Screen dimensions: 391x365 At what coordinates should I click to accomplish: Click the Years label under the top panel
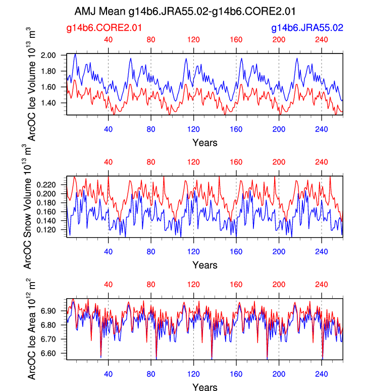coord(205,143)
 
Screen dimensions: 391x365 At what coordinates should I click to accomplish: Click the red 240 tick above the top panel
coord(322,40)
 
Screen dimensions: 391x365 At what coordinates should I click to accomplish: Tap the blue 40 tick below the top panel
coord(108,128)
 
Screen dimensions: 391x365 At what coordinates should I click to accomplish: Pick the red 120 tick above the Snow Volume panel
coord(193,162)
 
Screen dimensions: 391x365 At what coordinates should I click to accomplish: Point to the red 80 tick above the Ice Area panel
coord(151,285)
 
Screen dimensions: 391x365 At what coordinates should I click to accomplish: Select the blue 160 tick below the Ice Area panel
coord(236,373)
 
